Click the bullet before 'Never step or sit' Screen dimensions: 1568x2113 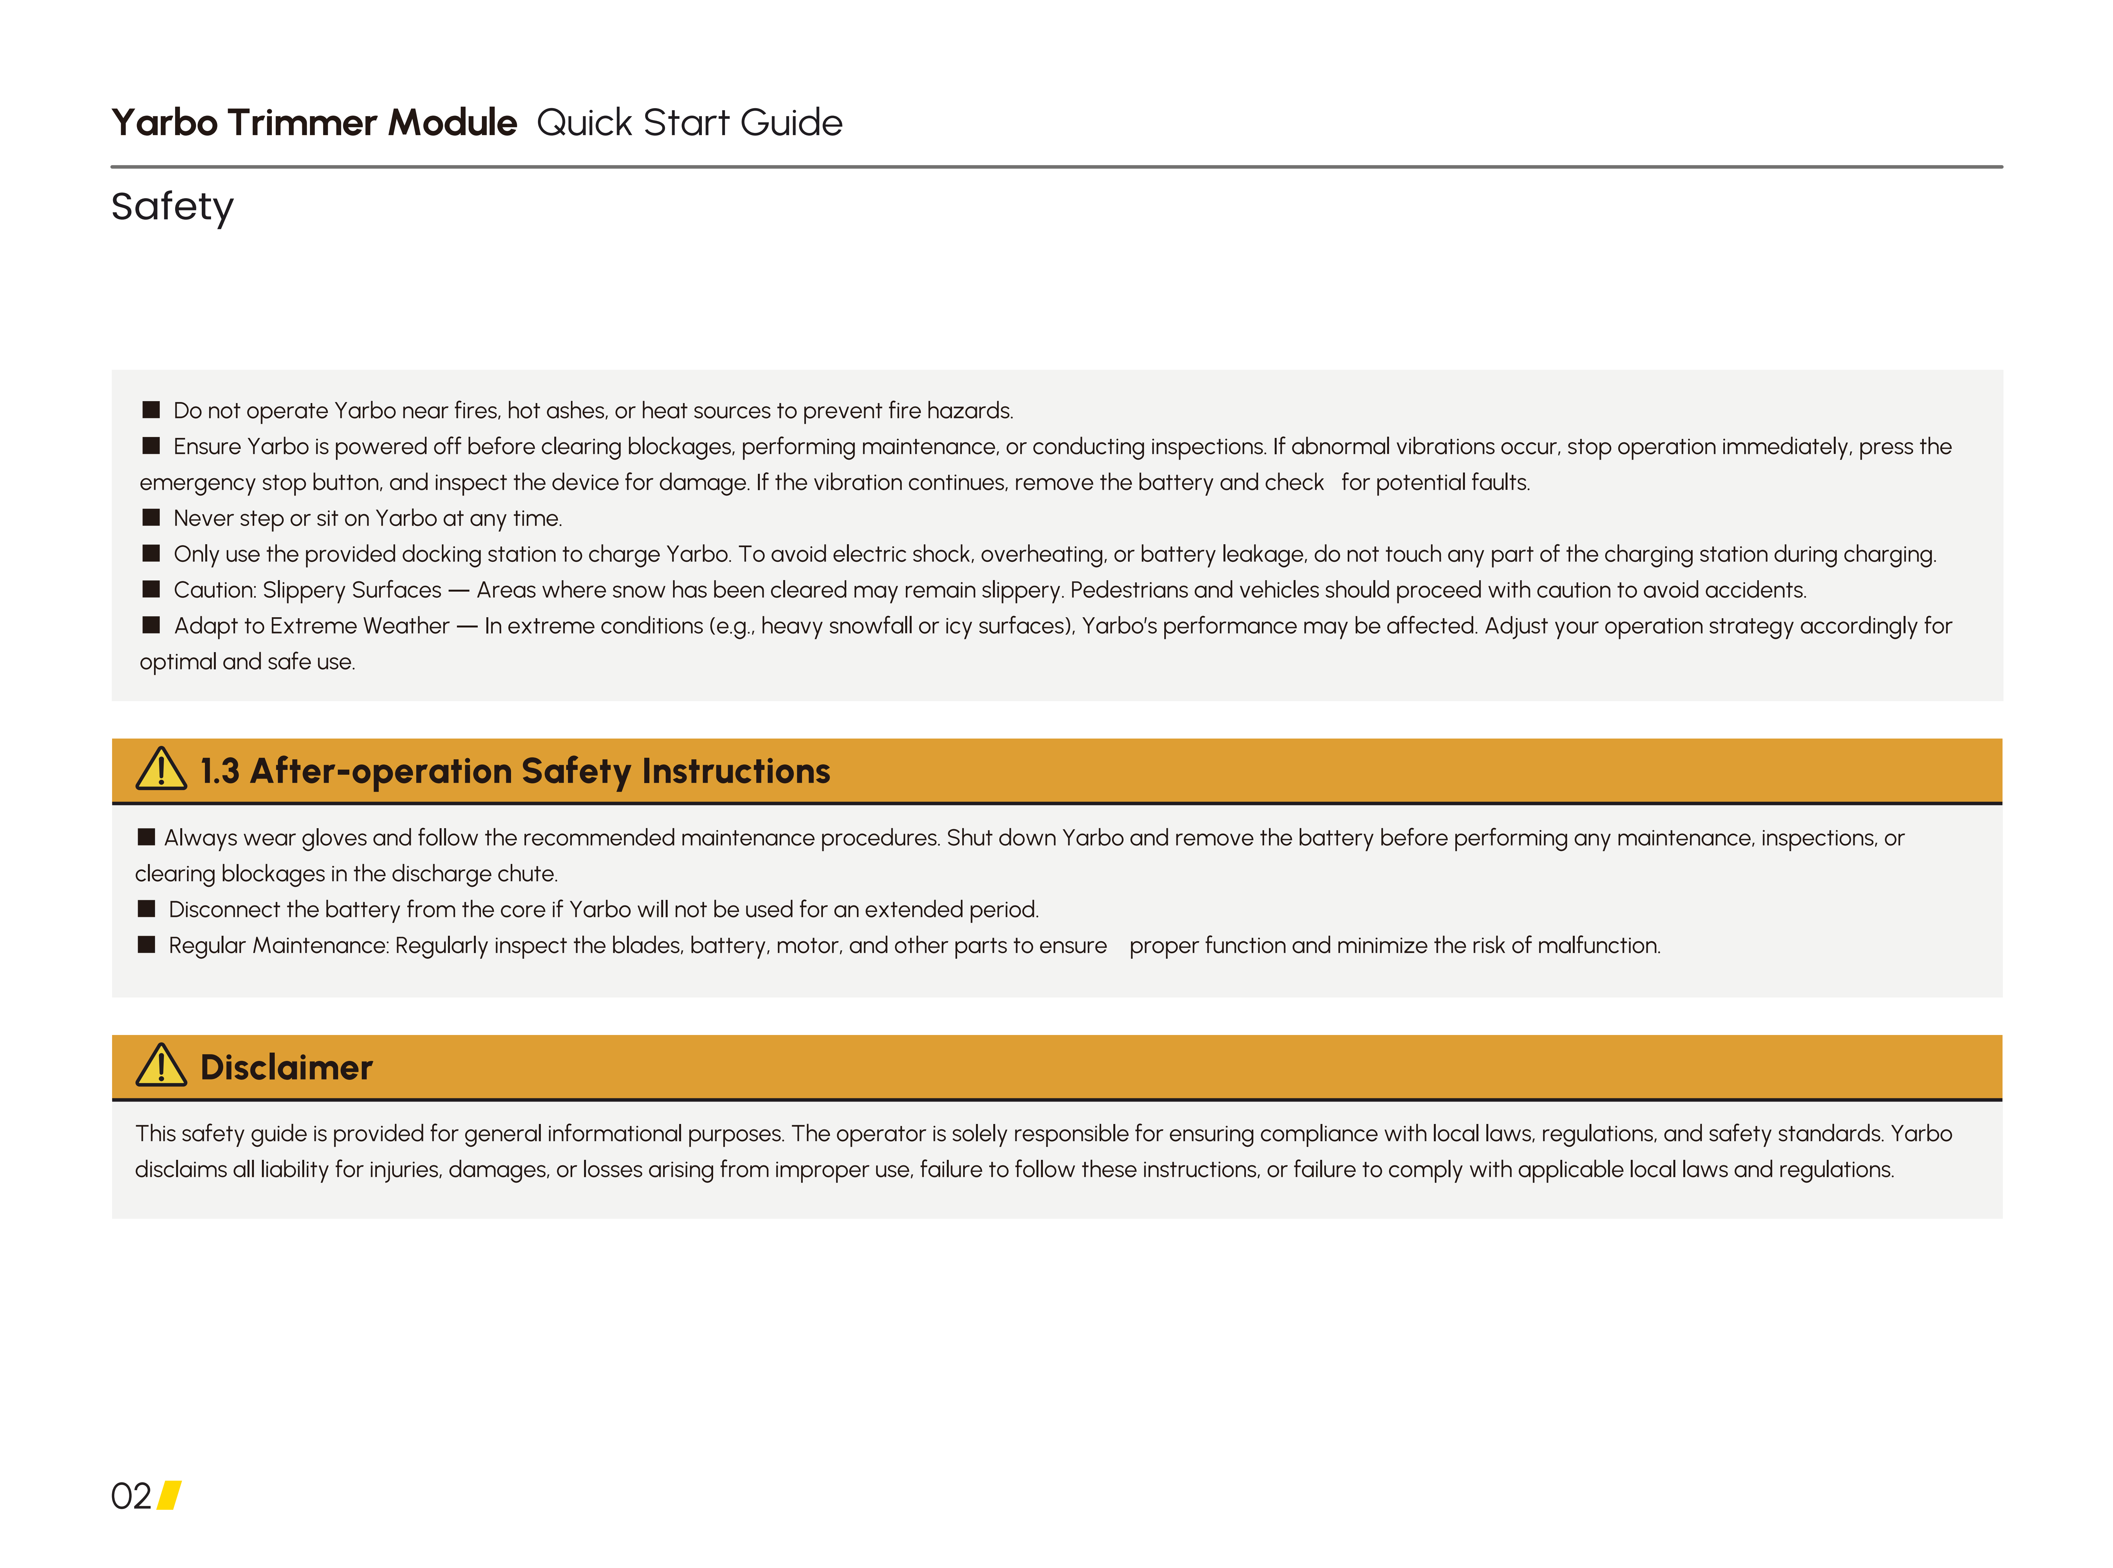pyautogui.click(x=151, y=517)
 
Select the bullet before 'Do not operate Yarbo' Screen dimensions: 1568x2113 pyautogui.click(x=151, y=410)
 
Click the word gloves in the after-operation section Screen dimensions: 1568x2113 pyautogui.click(x=333, y=838)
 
